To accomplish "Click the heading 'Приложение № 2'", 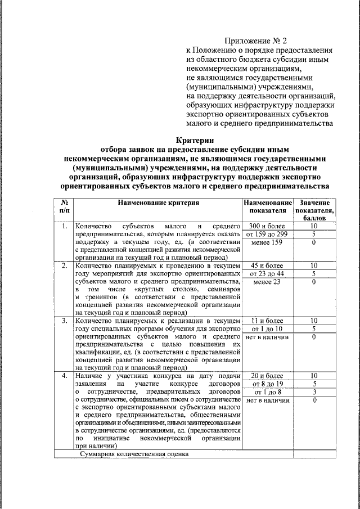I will [x=256, y=40].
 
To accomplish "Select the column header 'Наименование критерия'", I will [x=158, y=202].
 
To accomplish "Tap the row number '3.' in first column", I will [x=65, y=320].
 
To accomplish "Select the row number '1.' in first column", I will [x=65, y=226].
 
